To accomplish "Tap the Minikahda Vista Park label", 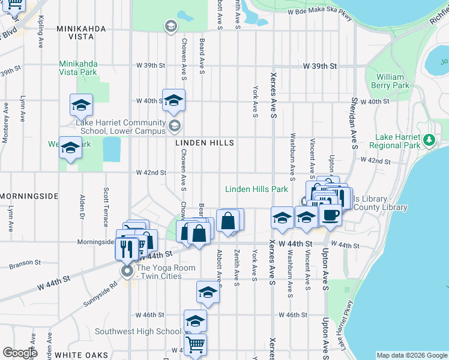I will pyautogui.click(x=78, y=67).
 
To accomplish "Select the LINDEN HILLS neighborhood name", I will pyautogui.click(x=204, y=143).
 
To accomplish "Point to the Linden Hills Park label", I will pyautogui.click(x=256, y=189).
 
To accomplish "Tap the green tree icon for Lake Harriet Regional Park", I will pyautogui.click(x=429, y=140).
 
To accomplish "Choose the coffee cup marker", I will pyautogui.click(x=331, y=214).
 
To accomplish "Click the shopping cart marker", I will pyautogui.click(x=195, y=345).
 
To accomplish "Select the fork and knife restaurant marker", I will pyautogui.click(x=127, y=247).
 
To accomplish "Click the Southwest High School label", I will pyautogui.click(x=138, y=331).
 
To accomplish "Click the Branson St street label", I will pyautogui.click(x=25, y=263).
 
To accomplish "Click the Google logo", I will pyautogui.click(x=20, y=352).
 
